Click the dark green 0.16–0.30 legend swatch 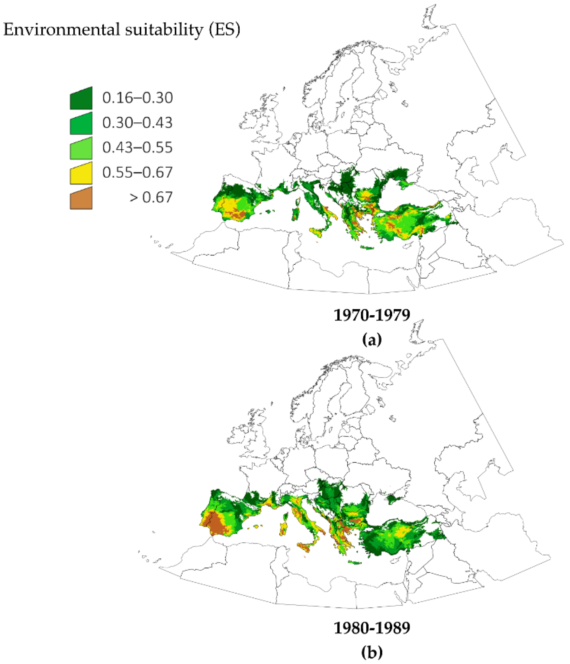(81, 99)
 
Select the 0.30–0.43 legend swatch (81, 124)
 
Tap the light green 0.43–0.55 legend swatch (81, 149)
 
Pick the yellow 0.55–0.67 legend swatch (81, 173)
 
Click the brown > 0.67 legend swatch (81, 198)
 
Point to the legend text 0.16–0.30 (138, 97)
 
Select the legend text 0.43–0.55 (138, 147)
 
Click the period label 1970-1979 (372, 315)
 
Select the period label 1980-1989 (372, 628)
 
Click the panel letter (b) (372, 652)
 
